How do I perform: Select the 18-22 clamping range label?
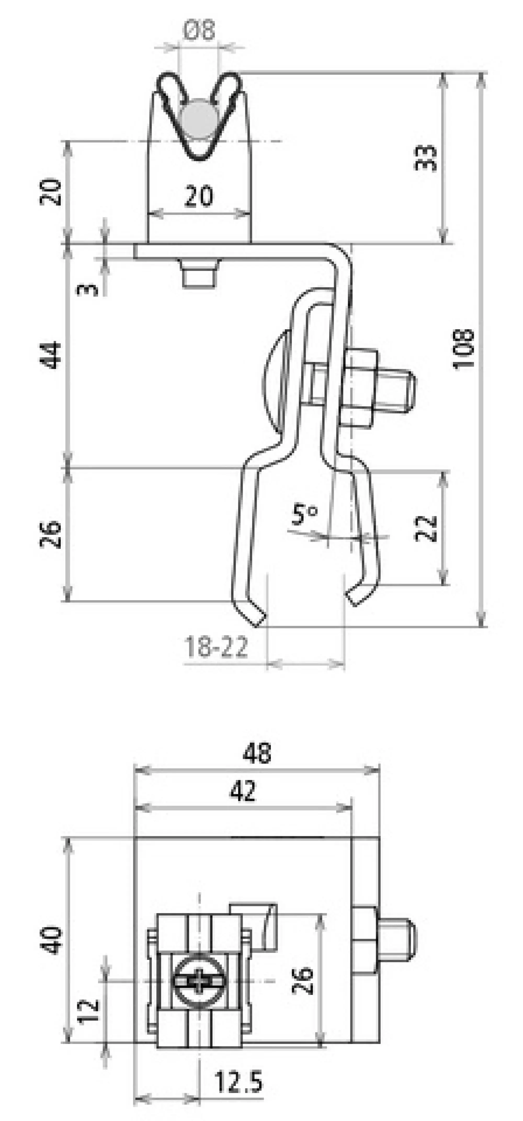[x=216, y=647]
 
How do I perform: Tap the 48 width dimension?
[x=257, y=752]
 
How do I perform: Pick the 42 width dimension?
[x=243, y=790]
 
